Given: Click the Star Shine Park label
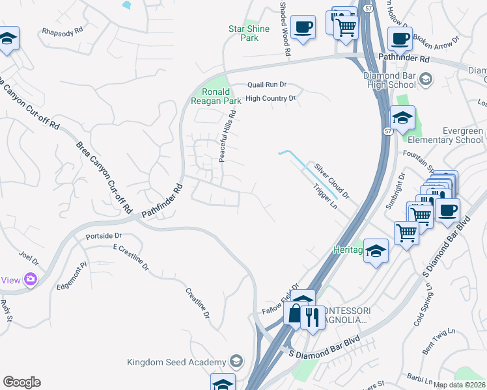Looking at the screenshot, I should (x=244, y=33).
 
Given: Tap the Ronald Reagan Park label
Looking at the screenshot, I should (x=216, y=96).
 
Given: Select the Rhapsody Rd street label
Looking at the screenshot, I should (x=63, y=31).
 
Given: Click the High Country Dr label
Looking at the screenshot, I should (x=270, y=98).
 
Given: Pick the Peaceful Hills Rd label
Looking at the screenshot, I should (x=227, y=136).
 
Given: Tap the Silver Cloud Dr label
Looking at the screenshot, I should (x=331, y=181).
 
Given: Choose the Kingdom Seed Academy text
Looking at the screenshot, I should (x=176, y=361).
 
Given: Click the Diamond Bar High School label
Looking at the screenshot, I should (x=389, y=79).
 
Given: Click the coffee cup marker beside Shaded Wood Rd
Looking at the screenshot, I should (x=303, y=27).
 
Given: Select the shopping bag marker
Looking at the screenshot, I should (x=295, y=314).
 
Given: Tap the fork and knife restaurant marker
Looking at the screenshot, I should (x=312, y=317).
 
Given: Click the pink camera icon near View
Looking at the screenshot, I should (x=30, y=279).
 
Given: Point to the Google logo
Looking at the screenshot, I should (x=21, y=382).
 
